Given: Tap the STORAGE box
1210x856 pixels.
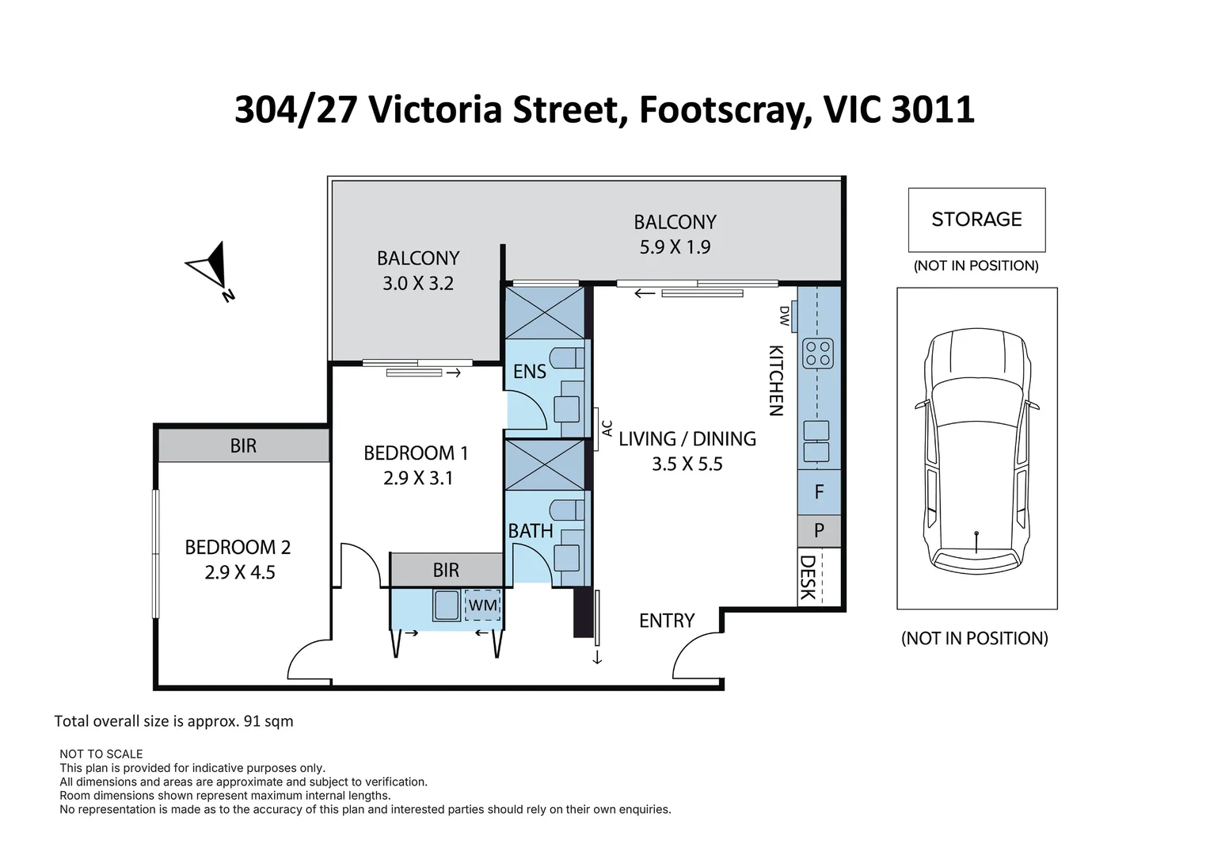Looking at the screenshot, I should [976, 220].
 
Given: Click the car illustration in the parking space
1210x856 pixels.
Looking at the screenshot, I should [976, 448].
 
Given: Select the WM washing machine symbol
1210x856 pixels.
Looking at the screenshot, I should [482, 606].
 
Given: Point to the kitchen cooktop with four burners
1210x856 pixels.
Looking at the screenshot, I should [818, 353].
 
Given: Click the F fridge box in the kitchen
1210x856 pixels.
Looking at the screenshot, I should [819, 492].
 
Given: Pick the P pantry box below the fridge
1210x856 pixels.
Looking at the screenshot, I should [819, 530].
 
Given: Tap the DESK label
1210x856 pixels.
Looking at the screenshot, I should [808, 577].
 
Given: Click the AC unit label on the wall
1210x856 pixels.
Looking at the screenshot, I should [607, 428].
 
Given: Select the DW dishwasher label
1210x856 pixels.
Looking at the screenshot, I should [784, 316].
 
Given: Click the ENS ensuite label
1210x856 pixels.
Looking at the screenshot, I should [529, 372].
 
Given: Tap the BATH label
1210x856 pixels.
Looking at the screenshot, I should [531, 531].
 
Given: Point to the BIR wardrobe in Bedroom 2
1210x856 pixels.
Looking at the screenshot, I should [243, 446].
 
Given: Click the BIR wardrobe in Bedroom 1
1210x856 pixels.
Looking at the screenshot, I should [446, 570].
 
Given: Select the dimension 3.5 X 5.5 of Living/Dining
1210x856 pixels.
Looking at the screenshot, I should [687, 464].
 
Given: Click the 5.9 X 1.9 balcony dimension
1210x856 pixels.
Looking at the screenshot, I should [675, 247].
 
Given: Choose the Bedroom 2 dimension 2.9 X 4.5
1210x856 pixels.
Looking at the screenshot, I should [239, 572].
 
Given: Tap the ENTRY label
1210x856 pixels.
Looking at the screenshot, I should [666, 621].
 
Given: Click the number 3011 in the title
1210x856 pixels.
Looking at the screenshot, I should [932, 109].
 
